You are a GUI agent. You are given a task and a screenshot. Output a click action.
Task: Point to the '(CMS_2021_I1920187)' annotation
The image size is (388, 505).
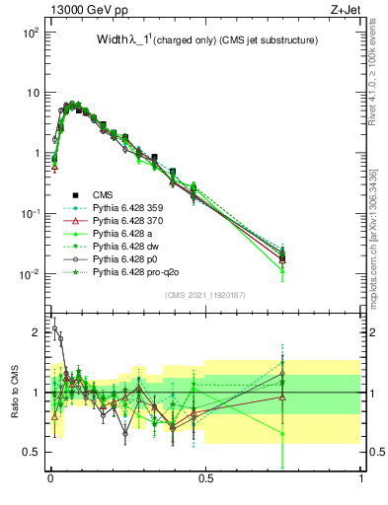coord(205,296)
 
